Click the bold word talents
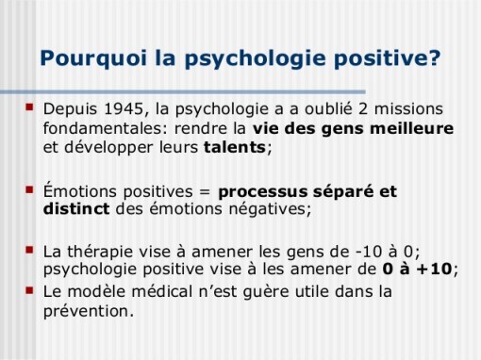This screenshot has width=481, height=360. click(x=234, y=148)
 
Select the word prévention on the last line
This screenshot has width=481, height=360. click(x=89, y=312)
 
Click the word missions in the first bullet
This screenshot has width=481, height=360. click(x=412, y=108)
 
